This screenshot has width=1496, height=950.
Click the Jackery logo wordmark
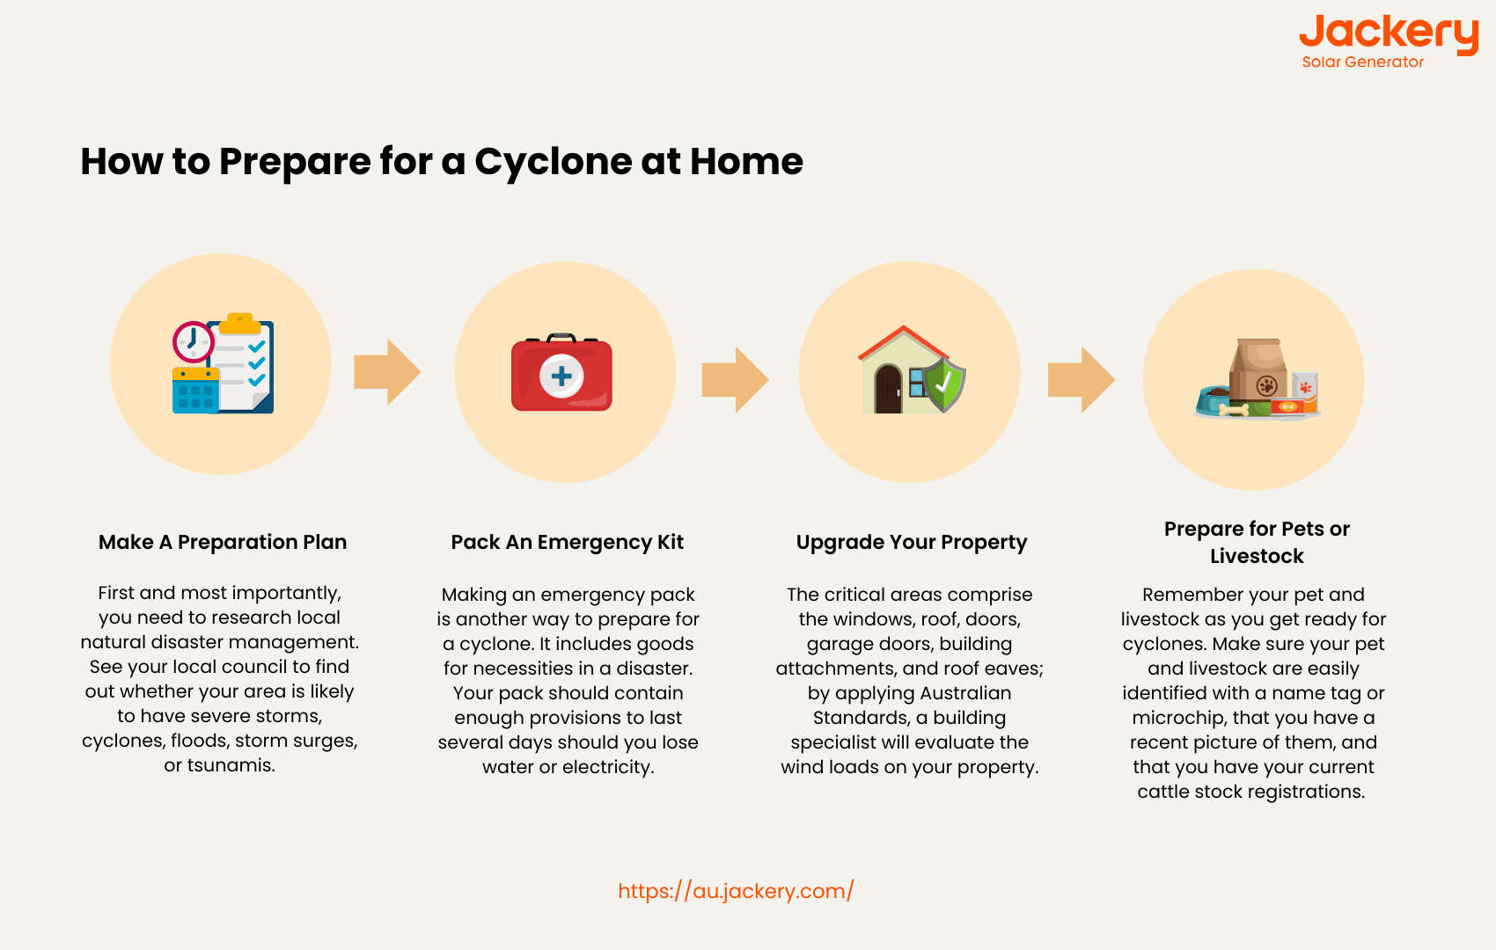click(1390, 34)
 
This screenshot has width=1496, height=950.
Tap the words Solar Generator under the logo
click(1362, 62)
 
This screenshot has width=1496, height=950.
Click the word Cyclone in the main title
click(553, 162)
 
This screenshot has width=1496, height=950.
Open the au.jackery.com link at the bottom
click(736, 891)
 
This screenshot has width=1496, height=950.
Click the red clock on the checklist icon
click(193, 342)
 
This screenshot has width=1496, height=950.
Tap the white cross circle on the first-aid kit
click(561, 376)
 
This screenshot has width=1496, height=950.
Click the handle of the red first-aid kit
click(561, 338)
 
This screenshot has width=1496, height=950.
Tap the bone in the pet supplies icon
click(1234, 409)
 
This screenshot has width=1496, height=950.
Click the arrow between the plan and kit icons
click(387, 372)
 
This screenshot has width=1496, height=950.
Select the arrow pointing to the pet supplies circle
click(1082, 379)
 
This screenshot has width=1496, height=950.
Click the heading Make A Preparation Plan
click(223, 542)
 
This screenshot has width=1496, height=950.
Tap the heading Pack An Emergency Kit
click(567, 542)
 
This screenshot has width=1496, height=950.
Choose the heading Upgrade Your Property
click(912, 542)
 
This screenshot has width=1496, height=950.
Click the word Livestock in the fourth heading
click(1257, 556)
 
